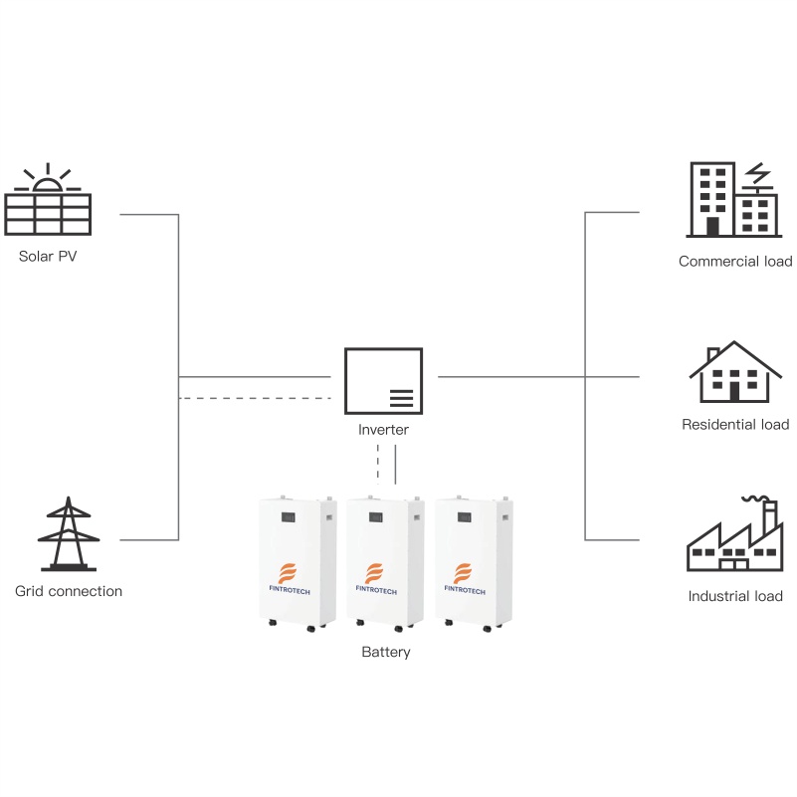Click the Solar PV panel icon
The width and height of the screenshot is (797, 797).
pos(48,210)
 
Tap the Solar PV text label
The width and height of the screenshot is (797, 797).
pos(48,257)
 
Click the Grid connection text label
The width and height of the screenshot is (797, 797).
pos(69,591)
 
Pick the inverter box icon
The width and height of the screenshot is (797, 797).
pos(383,380)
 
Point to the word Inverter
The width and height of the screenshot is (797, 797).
pos(383,430)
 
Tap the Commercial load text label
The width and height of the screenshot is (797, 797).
pos(735,262)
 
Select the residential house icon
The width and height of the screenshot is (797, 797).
pos(735,373)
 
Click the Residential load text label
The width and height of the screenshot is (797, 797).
pos(735,425)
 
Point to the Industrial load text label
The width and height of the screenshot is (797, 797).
pos(735,597)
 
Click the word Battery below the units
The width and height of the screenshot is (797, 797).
pos(385,653)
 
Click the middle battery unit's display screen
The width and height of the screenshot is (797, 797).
pos(377,517)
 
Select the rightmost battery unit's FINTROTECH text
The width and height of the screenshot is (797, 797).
pos(465,589)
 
